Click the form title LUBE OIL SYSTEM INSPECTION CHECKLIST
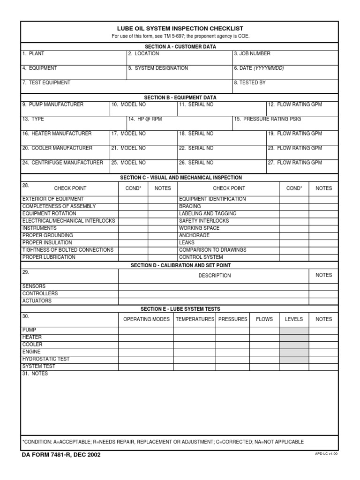click(x=180, y=29)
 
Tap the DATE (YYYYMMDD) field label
click(x=259, y=68)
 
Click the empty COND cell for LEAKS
click(x=294, y=243)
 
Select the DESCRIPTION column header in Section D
click(x=214, y=276)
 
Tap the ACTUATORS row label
click(x=37, y=301)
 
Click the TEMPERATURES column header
click(x=195, y=319)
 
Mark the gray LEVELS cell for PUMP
click(x=294, y=330)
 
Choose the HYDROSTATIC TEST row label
click(x=46, y=359)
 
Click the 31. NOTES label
click(x=35, y=374)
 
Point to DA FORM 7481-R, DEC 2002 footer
click(x=60, y=455)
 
